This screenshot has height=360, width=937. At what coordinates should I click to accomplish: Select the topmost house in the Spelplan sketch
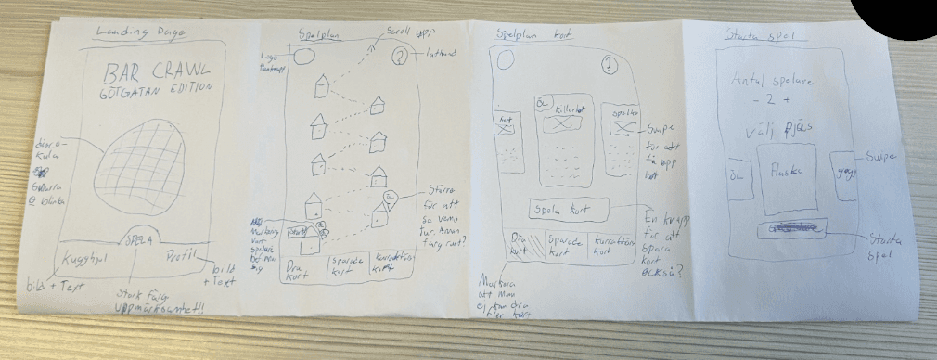click(322, 85)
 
